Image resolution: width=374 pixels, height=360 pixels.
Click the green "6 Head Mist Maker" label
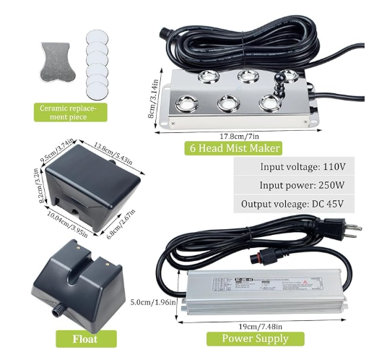click(x=233, y=148)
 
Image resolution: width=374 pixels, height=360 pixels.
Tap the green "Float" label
click(x=86, y=338)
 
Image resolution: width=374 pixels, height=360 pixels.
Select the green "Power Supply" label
click(x=255, y=338)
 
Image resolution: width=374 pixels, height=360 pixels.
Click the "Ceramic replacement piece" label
click(x=70, y=113)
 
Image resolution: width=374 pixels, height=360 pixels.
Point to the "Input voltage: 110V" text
click(x=303, y=166)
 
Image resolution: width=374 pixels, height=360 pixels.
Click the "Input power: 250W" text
click(x=302, y=185)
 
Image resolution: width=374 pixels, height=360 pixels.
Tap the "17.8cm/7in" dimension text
click(x=240, y=137)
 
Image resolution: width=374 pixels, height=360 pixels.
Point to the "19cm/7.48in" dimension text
click(x=261, y=327)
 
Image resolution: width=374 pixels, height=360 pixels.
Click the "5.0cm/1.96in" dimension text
click(x=153, y=302)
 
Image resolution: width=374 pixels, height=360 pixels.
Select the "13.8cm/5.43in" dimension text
click(x=113, y=154)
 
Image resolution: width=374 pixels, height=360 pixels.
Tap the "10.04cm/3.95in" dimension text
click(x=67, y=224)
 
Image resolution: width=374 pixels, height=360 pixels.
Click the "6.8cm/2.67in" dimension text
click(x=121, y=224)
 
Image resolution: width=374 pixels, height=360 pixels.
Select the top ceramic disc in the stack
click(x=97, y=38)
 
